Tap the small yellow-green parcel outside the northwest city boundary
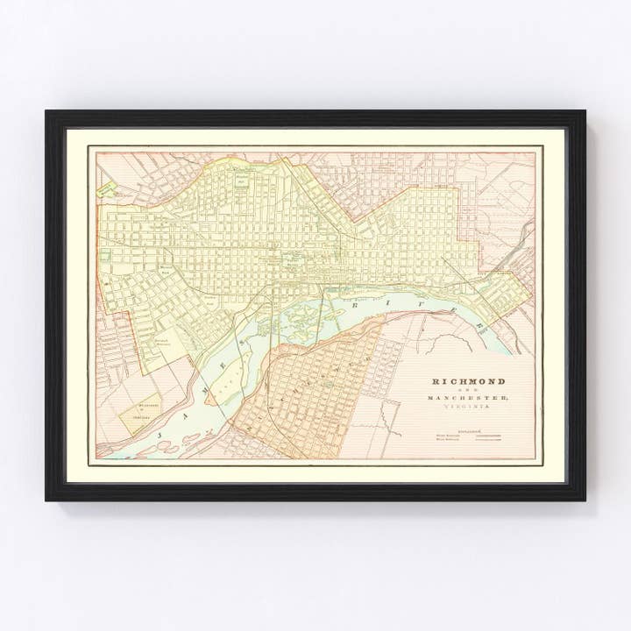(x=108, y=186)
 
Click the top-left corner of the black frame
(x=47, y=111)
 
